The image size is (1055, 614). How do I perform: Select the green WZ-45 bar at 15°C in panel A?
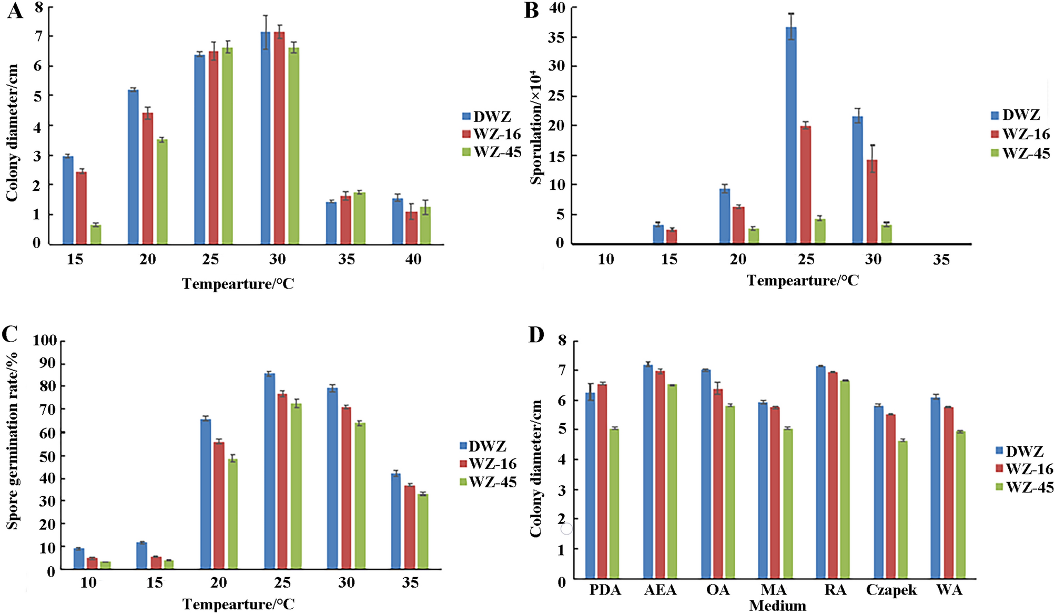(x=96, y=234)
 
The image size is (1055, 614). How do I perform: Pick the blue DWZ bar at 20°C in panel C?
(x=206, y=494)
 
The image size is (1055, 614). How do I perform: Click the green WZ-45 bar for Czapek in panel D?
(x=902, y=510)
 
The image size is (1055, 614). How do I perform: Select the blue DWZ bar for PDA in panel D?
(x=591, y=486)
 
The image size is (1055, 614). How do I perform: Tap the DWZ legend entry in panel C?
(x=482, y=446)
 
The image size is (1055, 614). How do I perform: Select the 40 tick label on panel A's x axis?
(x=413, y=259)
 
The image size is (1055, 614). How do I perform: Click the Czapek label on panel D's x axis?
(x=891, y=590)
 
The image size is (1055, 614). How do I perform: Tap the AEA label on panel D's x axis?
(x=660, y=590)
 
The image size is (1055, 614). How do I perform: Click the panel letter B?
(x=532, y=11)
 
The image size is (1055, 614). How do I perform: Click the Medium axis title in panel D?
(x=777, y=606)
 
